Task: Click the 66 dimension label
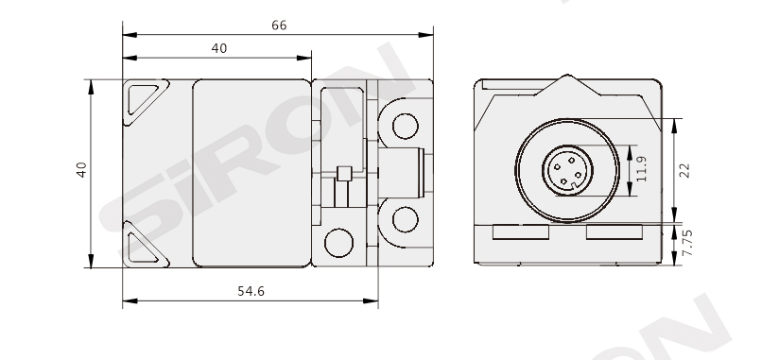tap(279, 26)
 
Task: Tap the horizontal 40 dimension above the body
tap(219, 48)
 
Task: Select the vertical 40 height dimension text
tap(81, 170)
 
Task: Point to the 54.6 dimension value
tap(251, 291)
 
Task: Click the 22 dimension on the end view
tap(684, 170)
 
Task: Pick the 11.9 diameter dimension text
tap(641, 169)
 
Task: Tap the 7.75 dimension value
tap(687, 243)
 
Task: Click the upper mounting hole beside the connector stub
tap(405, 126)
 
